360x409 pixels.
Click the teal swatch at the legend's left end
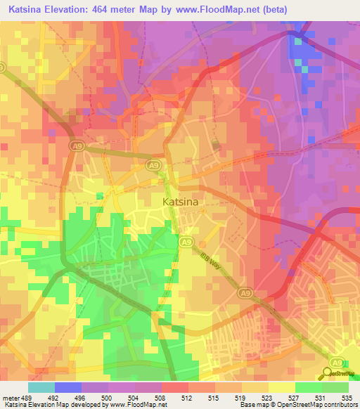coord(41,387)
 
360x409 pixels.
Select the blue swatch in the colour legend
coord(68,387)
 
